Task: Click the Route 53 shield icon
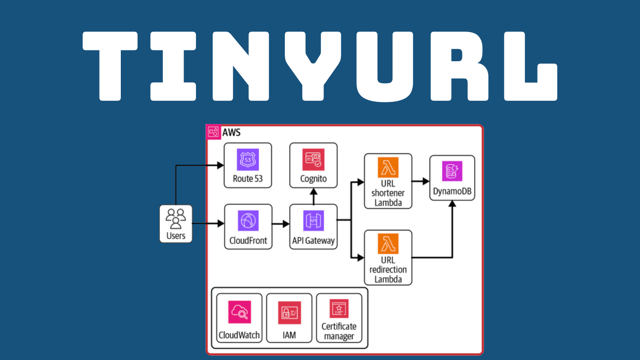click(x=248, y=160)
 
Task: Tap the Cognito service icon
click(x=313, y=160)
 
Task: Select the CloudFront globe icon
click(x=248, y=220)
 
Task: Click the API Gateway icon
click(x=313, y=220)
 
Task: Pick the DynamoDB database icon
click(x=452, y=171)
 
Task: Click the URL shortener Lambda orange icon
click(x=388, y=167)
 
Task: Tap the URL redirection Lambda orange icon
click(x=388, y=244)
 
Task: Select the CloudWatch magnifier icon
click(x=240, y=312)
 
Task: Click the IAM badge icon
click(x=289, y=312)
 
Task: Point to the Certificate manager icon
click(x=339, y=309)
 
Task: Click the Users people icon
click(x=176, y=218)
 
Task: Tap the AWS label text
click(x=231, y=132)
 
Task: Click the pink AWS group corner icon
click(x=213, y=132)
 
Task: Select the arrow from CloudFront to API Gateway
click(x=281, y=224)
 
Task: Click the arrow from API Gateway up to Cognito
click(x=314, y=196)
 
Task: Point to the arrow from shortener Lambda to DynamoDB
click(x=421, y=181)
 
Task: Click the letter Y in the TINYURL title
click(x=313, y=66)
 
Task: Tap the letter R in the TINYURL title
click(x=459, y=66)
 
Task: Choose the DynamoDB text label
click(x=452, y=191)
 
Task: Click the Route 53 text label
click(x=248, y=179)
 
